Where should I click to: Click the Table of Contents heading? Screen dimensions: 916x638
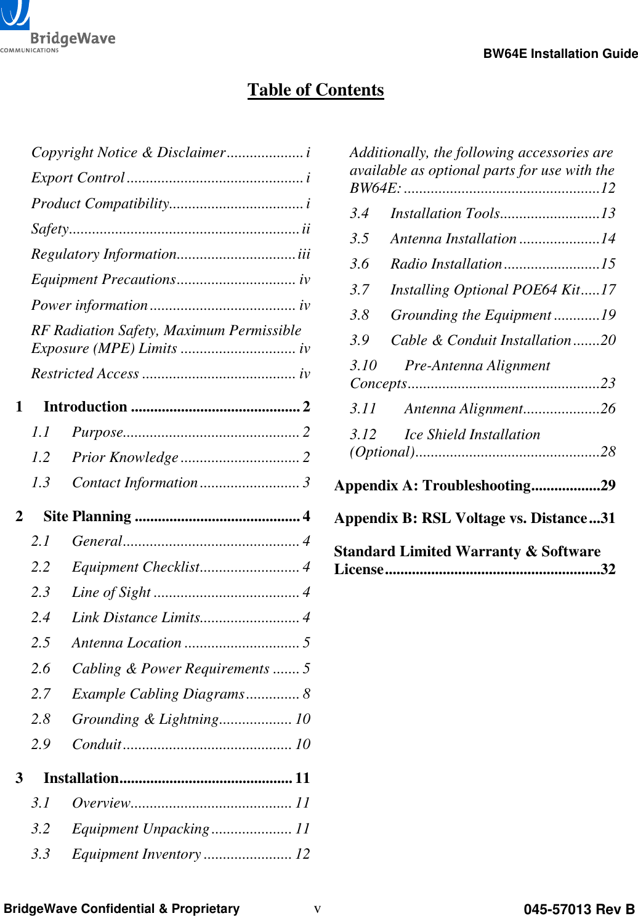tap(315, 90)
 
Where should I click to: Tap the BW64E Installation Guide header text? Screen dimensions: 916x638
tap(560, 54)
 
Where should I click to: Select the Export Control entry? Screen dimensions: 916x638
tap(78, 178)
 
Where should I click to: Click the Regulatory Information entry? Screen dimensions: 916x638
tap(103, 254)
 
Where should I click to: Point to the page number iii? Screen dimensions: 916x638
tap(304, 254)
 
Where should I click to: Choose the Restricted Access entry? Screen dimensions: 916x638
tap(85, 374)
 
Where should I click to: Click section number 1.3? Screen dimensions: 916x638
tap(41, 483)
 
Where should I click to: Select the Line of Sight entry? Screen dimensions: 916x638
tap(111, 593)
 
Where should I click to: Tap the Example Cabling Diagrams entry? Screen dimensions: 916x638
tap(158, 694)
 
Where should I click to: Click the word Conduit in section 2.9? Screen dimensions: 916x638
tap(97, 745)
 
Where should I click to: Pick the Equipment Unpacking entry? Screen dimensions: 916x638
tap(140, 829)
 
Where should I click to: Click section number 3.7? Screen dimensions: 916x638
tap(359, 290)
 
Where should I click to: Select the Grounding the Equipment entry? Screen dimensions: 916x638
tap(470, 315)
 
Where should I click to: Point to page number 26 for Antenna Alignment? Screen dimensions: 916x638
tap(608, 409)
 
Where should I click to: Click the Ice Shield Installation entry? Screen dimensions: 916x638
tap(472, 435)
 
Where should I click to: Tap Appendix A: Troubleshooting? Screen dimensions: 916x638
tap(432, 486)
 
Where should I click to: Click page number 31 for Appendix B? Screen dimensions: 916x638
tap(608, 519)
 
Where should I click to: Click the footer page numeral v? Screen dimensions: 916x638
tap(317, 909)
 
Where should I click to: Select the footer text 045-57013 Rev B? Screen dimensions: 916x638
tap(578, 909)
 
